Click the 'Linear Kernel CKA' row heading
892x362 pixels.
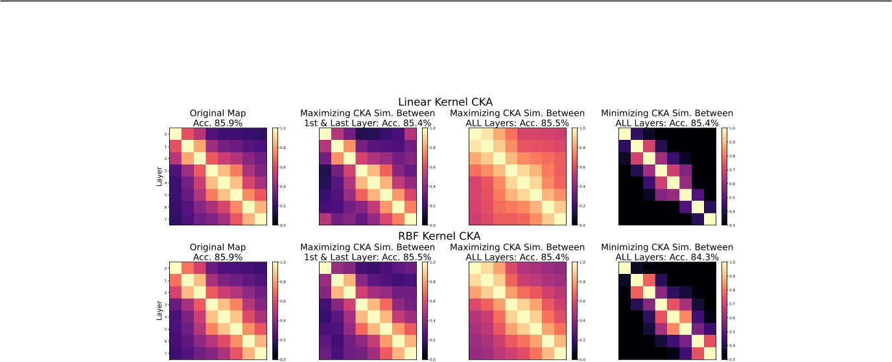point(445,102)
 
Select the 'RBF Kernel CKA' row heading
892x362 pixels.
point(445,237)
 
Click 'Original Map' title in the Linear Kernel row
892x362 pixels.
point(218,113)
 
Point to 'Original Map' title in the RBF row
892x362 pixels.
point(218,247)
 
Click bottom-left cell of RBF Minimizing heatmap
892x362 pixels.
point(625,354)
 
